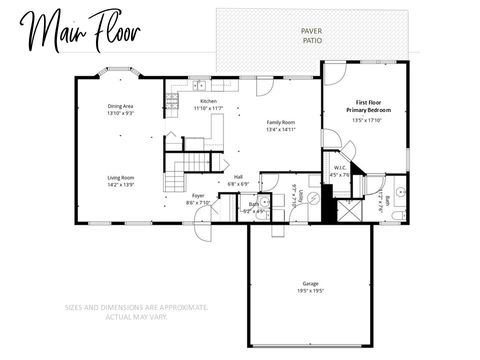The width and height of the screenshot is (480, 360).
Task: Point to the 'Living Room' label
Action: click(x=121, y=178)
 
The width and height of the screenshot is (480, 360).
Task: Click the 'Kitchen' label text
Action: click(x=208, y=102)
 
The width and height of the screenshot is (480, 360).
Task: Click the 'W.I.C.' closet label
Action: click(x=340, y=168)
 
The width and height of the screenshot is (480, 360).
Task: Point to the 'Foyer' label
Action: click(x=198, y=196)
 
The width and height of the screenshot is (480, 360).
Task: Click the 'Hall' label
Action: click(x=239, y=178)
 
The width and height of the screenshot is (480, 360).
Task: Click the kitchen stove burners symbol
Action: click(x=171, y=100)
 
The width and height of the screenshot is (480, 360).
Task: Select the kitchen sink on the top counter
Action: click(x=200, y=85)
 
